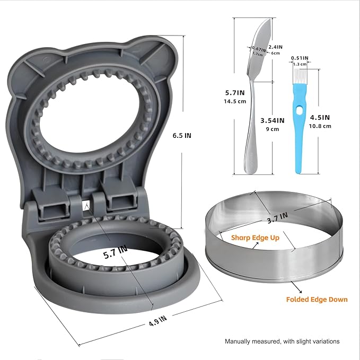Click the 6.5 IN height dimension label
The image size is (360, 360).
182,135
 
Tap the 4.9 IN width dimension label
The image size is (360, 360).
157,321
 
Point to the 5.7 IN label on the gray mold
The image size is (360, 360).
115,252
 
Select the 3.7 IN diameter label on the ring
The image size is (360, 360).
277,218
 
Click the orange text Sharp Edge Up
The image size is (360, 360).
255,238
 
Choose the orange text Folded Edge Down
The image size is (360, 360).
317,300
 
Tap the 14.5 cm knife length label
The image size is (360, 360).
235,101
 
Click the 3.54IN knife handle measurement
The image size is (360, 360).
273,120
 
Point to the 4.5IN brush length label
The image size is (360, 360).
320,118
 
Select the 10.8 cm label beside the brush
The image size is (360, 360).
320,126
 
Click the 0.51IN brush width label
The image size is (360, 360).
300,58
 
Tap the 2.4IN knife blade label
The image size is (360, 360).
276,47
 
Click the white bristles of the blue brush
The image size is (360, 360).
300,76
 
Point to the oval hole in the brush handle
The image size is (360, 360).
300,111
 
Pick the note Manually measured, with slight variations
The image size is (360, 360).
282,341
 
